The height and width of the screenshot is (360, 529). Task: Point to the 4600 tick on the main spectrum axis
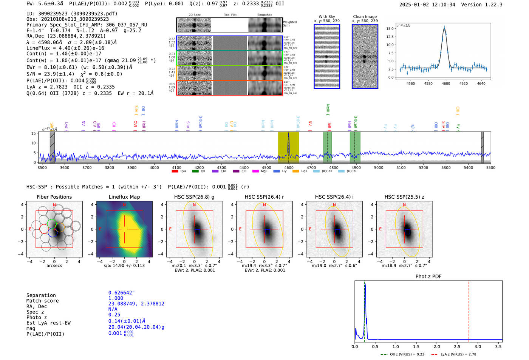(289, 167)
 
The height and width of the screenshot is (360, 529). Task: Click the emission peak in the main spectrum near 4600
(289, 134)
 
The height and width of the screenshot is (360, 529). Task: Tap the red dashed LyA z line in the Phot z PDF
(469, 310)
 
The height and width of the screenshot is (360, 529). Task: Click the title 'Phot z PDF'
(428, 277)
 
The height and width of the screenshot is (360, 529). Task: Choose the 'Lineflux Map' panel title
(124, 197)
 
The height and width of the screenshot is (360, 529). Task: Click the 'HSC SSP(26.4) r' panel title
(264, 197)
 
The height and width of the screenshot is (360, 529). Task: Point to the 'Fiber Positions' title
(54, 197)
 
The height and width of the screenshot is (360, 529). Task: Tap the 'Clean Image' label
(365, 17)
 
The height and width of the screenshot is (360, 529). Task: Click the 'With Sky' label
(326, 17)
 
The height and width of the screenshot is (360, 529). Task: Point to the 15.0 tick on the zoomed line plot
(390, 29)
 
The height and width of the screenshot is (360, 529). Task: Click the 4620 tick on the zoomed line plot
(463, 83)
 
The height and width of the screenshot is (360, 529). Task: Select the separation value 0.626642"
(121, 293)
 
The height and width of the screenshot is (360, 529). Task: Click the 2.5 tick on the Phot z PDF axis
(457, 346)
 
